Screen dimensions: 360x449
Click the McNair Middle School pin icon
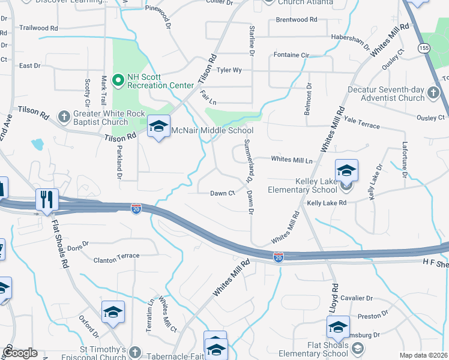(x=158, y=127)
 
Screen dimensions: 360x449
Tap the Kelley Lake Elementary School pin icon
(x=346, y=172)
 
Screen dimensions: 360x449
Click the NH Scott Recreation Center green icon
(x=118, y=79)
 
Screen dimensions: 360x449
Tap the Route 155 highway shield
(x=425, y=47)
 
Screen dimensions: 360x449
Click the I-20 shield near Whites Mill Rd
(x=279, y=256)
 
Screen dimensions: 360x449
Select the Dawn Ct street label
(x=222, y=193)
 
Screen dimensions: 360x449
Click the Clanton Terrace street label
(x=116, y=256)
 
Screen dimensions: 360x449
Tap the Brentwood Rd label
(x=297, y=20)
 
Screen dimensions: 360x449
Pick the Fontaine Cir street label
(x=291, y=55)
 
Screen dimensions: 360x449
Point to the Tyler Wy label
(x=229, y=70)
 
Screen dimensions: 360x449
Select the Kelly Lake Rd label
(x=327, y=203)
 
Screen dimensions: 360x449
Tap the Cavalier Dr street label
(x=357, y=298)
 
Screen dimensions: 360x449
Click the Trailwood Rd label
(x=38, y=28)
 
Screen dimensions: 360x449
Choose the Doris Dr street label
(x=78, y=245)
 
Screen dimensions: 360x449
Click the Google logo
(x=20, y=353)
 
